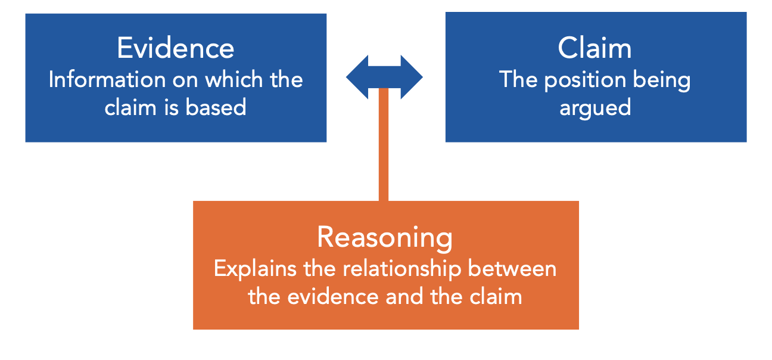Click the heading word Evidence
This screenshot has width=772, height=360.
click(x=176, y=48)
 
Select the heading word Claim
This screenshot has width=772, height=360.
click(x=594, y=48)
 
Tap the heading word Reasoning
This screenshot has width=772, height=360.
click(x=385, y=237)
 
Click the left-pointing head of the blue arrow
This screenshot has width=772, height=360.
click(x=357, y=77)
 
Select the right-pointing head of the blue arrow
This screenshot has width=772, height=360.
click(x=412, y=77)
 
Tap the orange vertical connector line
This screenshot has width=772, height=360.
click(x=384, y=149)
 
